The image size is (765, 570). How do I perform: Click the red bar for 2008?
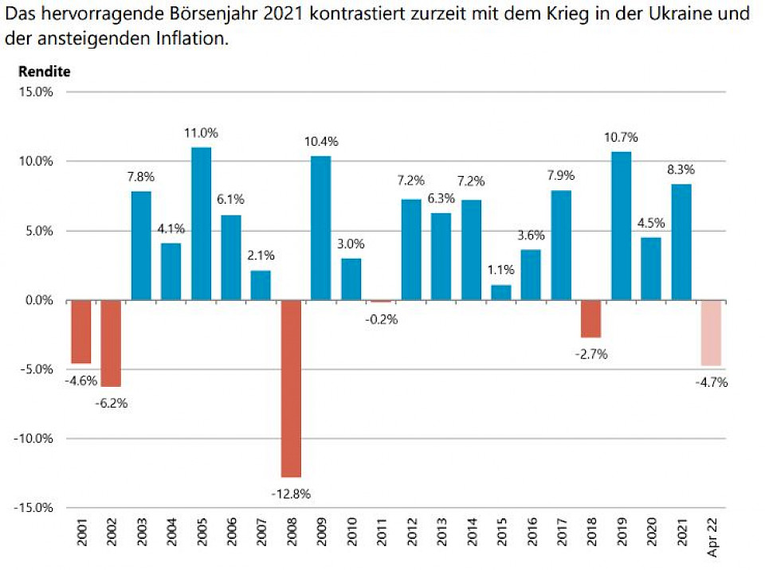(x=292, y=388)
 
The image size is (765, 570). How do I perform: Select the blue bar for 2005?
(x=201, y=224)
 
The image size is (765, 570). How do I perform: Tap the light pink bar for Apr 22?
(x=711, y=333)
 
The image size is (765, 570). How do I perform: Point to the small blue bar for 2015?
(x=501, y=292)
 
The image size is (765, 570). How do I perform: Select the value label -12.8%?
(x=291, y=493)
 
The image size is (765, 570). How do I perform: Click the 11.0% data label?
(x=201, y=133)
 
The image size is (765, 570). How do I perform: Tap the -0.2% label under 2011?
(x=381, y=319)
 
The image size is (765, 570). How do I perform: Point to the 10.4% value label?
(x=321, y=142)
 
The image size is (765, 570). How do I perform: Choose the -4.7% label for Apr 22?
(x=711, y=383)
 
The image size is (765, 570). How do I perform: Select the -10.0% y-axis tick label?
(x=34, y=439)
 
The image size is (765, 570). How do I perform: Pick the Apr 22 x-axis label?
(x=712, y=535)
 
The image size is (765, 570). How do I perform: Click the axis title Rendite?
(x=44, y=72)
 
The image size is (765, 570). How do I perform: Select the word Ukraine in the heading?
(x=677, y=14)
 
